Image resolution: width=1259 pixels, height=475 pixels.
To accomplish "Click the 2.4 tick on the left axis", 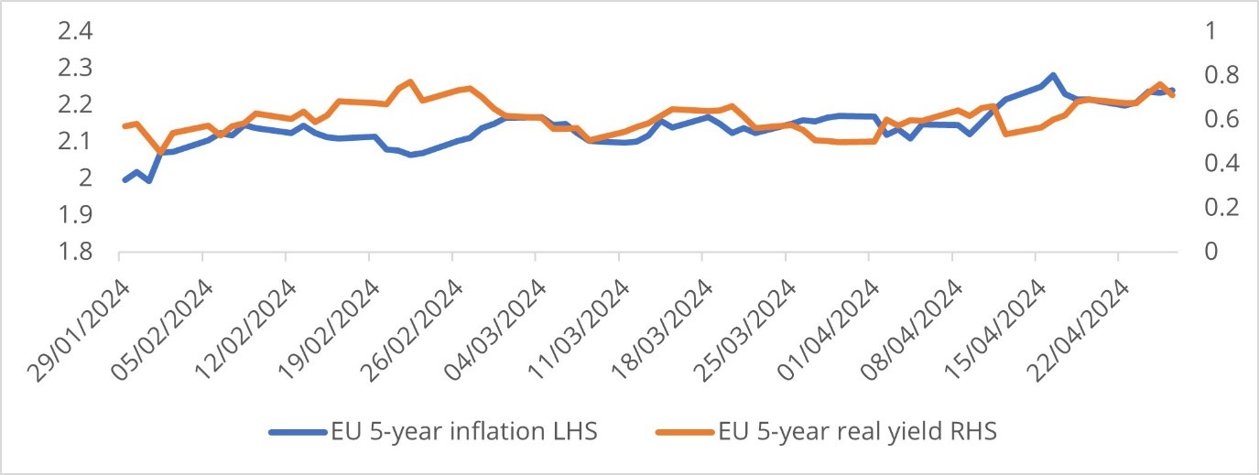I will point(76,32).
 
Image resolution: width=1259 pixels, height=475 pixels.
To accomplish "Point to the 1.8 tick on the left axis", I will point(76,252).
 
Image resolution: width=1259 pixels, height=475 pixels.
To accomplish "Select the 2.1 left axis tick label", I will point(76,142).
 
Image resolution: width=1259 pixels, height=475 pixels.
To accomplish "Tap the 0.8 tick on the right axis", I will point(1198,75).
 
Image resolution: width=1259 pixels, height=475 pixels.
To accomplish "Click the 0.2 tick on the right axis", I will point(1198,208).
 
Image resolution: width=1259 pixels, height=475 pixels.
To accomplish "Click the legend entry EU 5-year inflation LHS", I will point(463,431).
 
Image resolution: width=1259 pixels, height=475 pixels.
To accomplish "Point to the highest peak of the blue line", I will point(1054,75).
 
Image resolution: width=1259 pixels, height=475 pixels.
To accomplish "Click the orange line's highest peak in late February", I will point(411,82).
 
